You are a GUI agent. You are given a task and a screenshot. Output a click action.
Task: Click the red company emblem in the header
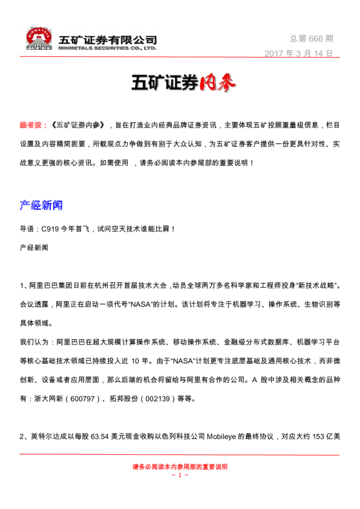point(40,38)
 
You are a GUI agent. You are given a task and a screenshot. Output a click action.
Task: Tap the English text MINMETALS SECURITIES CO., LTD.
point(107,47)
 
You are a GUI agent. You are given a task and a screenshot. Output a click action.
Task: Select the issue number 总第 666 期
point(311,38)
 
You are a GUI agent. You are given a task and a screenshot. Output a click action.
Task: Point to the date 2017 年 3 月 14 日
point(298,53)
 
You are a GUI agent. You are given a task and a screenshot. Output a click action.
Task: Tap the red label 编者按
point(31,125)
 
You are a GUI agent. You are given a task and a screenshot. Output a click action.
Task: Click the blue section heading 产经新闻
point(41,206)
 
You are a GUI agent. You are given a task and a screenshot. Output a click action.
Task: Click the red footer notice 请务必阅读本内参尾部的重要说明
point(180,467)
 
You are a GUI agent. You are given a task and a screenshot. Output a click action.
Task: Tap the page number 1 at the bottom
point(180,475)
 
